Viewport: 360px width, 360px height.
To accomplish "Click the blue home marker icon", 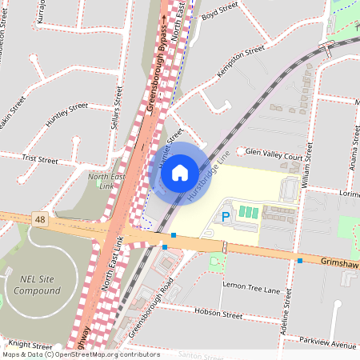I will tap(180, 172).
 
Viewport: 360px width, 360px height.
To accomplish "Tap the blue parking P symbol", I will tap(225, 217).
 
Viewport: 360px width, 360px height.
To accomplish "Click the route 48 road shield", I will tap(39, 218).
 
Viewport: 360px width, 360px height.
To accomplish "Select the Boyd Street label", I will tap(220, 10).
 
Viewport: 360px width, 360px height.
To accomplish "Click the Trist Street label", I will tap(40, 160).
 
